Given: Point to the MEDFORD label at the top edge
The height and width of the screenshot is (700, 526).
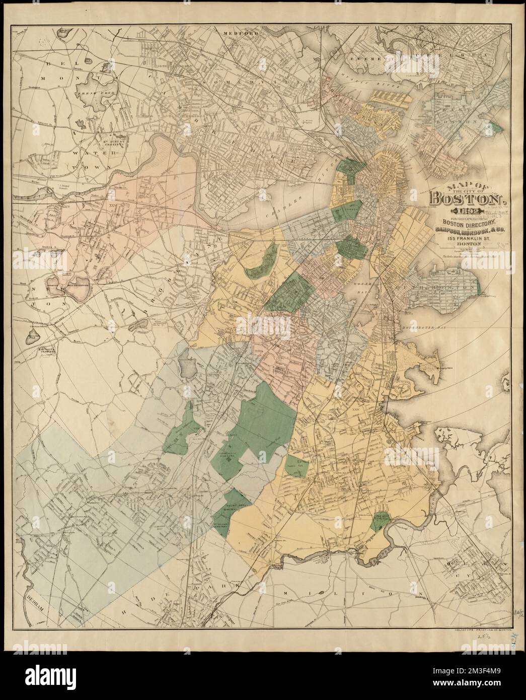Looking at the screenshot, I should [243, 33].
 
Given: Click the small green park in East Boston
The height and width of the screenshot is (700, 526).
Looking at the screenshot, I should [497, 127].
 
